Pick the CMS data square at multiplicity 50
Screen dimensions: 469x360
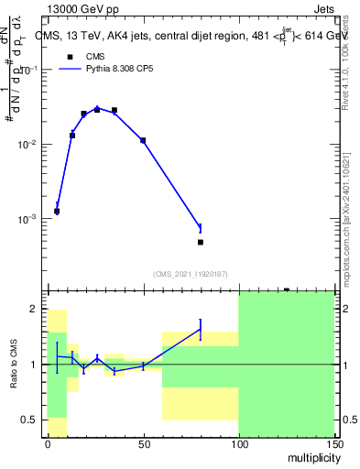pos(143,140)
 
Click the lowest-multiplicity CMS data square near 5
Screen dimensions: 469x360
pos(57,211)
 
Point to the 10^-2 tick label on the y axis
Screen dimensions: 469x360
pos(29,145)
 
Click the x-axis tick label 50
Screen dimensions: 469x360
pos(143,444)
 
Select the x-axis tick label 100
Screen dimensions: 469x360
pos(238,444)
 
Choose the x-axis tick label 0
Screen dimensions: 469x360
pos(48,444)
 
